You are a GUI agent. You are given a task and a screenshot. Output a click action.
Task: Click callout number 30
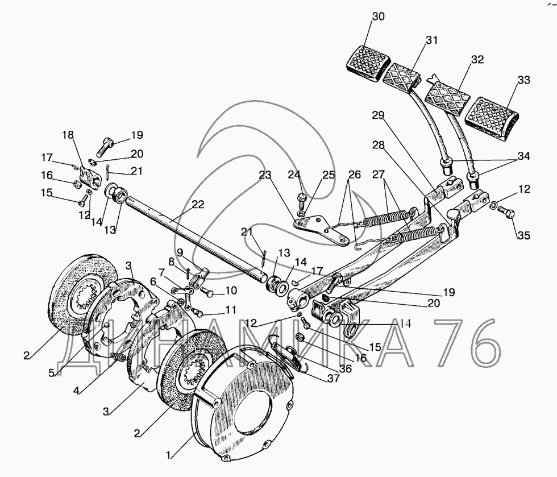[x=379, y=16]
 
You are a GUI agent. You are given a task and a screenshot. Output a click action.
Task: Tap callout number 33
[x=523, y=80]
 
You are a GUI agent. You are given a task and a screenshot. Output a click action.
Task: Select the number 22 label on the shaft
[x=198, y=204]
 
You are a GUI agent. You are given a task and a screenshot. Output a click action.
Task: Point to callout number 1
[x=170, y=455]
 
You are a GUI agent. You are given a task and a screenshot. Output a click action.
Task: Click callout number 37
[x=334, y=379]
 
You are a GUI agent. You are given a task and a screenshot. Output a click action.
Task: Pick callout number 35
[x=523, y=235]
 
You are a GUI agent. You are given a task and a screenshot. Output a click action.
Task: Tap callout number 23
[x=265, y=175]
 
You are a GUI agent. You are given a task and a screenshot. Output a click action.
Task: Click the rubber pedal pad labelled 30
[x=368, y=64]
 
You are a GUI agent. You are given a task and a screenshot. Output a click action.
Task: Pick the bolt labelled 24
[x=301, y=200]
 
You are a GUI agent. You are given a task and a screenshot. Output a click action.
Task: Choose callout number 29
[x=379, y=115]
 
